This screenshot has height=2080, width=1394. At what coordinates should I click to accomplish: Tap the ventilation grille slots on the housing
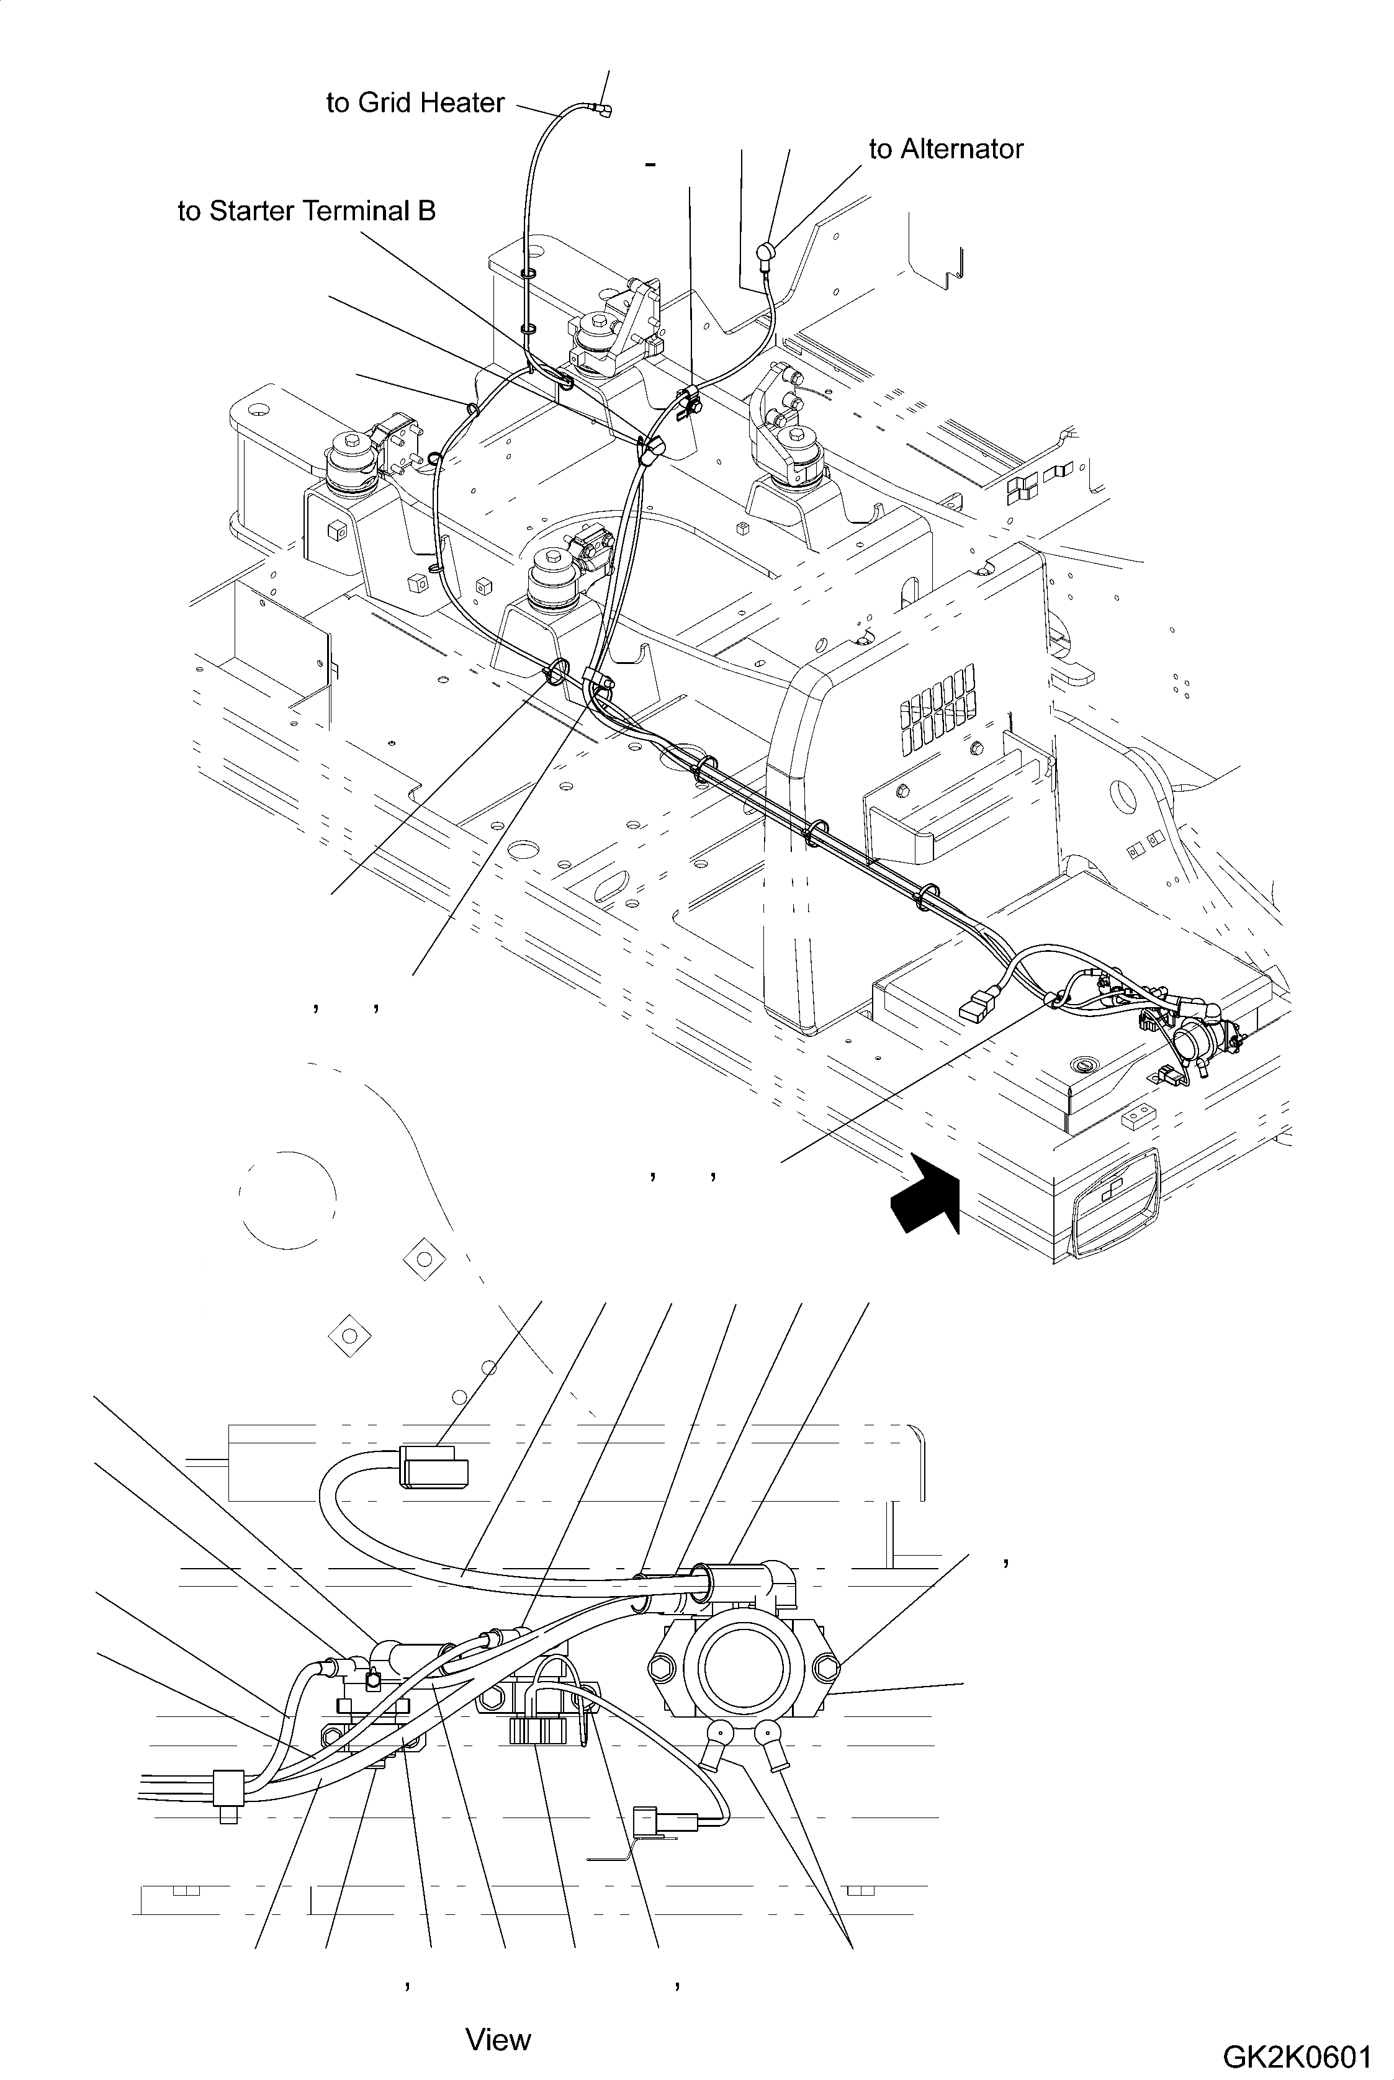coord(938,707)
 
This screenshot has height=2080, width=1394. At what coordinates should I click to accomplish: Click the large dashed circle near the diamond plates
coord(287,1198)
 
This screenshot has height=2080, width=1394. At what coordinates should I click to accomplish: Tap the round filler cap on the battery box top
coord(1083,1064)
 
